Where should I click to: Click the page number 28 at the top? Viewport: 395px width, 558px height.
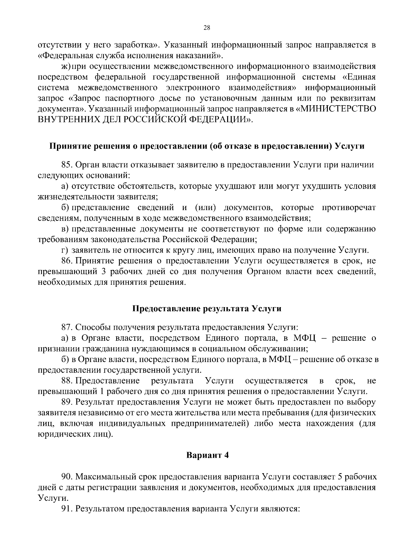click(207, 28)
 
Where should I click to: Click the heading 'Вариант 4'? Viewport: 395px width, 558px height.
click(207, 455)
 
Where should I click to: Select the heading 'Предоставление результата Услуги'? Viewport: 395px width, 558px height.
click(207, 308)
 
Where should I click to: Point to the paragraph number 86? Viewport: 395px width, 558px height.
click(67, 261)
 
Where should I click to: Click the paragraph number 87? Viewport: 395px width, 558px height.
click(67, 327)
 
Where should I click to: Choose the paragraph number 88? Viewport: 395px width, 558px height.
click(67, 381)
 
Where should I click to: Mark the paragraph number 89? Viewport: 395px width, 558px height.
click(67, 402)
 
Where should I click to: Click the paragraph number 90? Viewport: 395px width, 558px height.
click(67, 476)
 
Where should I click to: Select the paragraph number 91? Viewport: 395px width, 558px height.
click(67, 509)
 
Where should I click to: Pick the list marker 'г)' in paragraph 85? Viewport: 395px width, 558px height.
click(65, 251)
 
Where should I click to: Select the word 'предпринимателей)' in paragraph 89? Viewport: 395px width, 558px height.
click(210, 423)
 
